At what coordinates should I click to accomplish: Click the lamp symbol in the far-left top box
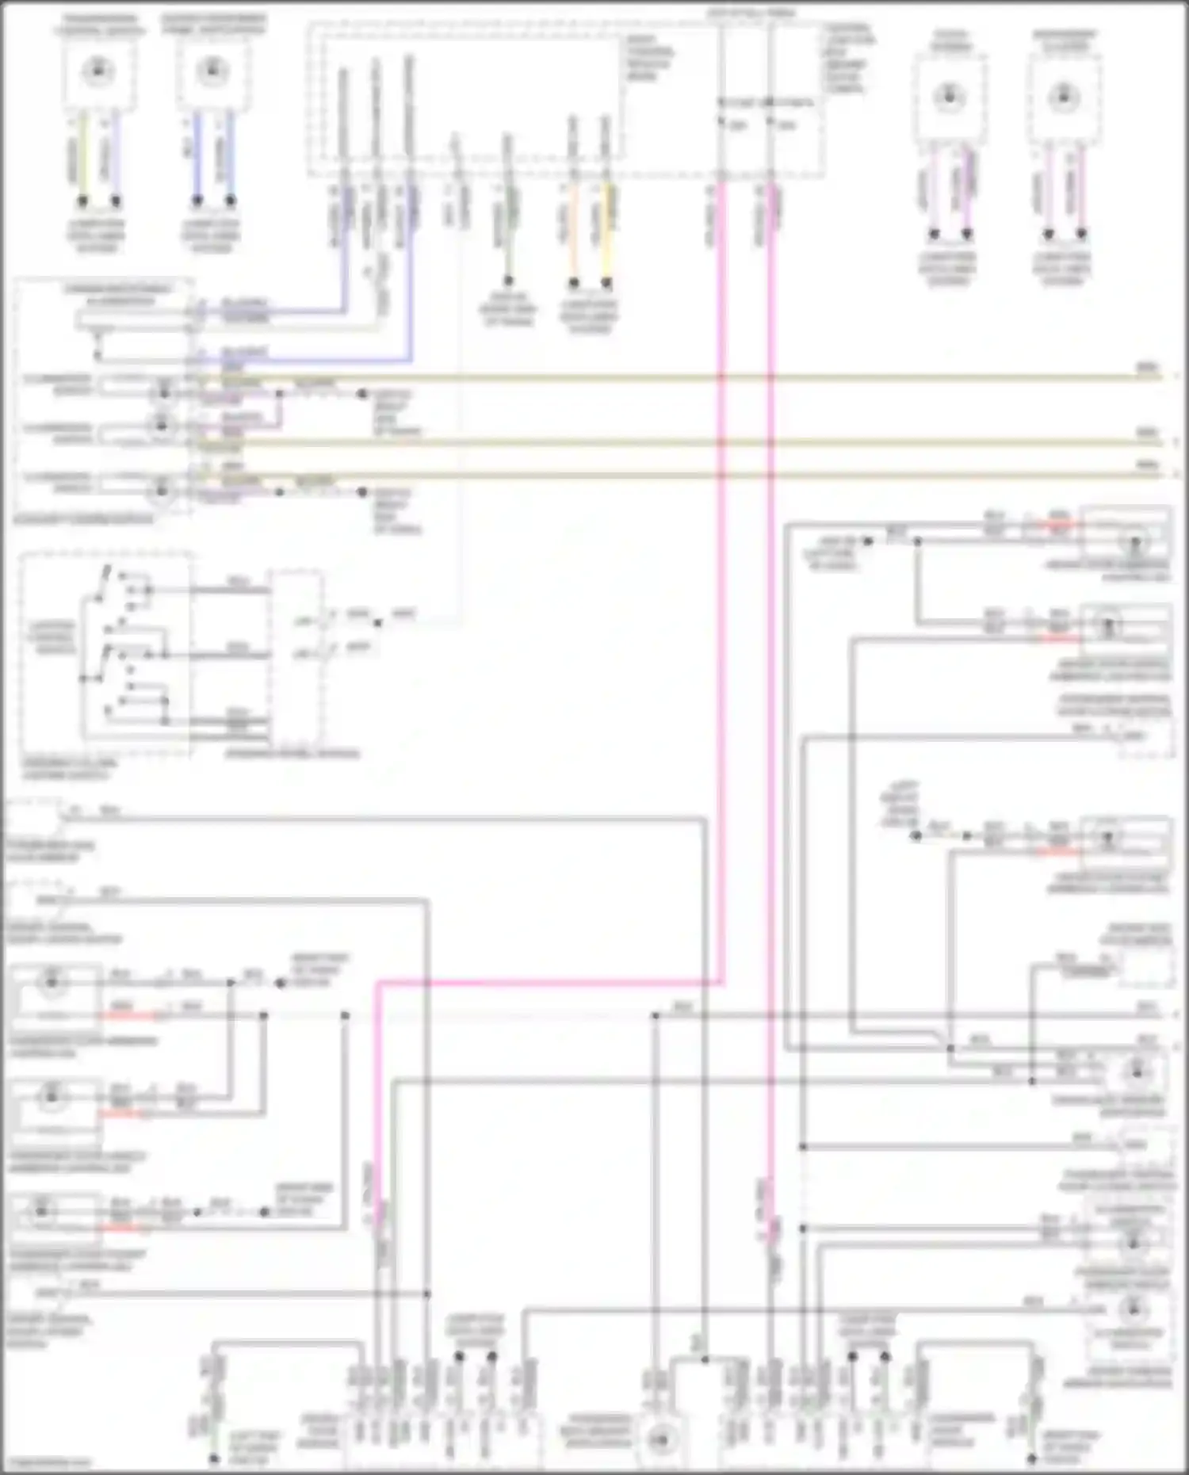[98, 71]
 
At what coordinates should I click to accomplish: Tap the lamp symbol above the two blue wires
[212, 71]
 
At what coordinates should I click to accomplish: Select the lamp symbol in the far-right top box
[1063, 97]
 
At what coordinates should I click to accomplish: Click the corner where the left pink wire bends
[378, 984]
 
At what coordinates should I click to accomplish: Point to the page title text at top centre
[751, 13]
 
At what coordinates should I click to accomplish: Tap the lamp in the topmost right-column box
[1136, 543]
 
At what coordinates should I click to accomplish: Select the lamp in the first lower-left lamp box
[51, 983]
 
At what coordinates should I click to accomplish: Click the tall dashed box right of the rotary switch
[296, 658]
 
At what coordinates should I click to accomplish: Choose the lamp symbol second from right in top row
[949, 97]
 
